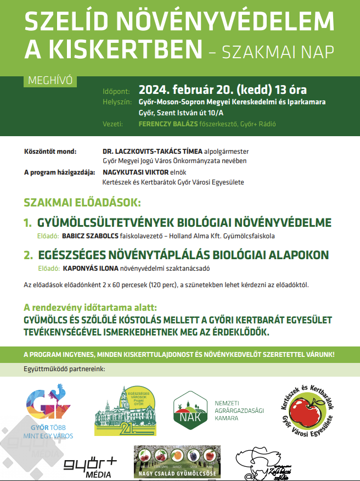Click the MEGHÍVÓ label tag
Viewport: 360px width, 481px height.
coord(49,81)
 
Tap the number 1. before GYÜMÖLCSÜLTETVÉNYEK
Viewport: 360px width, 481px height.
coord(28,223)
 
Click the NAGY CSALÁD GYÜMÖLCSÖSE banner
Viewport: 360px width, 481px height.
coord(177,461)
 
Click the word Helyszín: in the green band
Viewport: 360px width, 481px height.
coord(117,102)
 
